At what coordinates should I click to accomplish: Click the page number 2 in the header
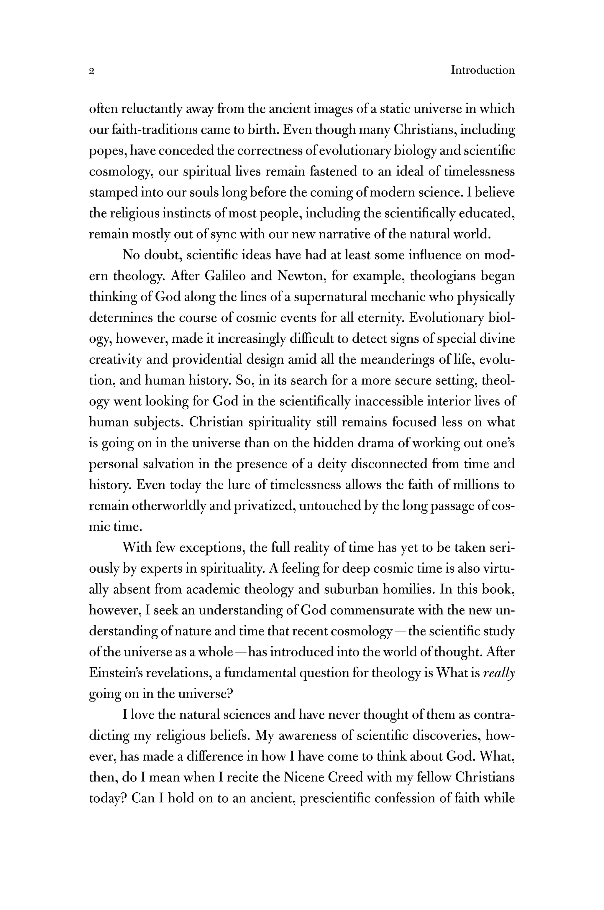pos(92,71)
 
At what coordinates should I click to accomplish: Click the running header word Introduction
pos(483,70)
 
